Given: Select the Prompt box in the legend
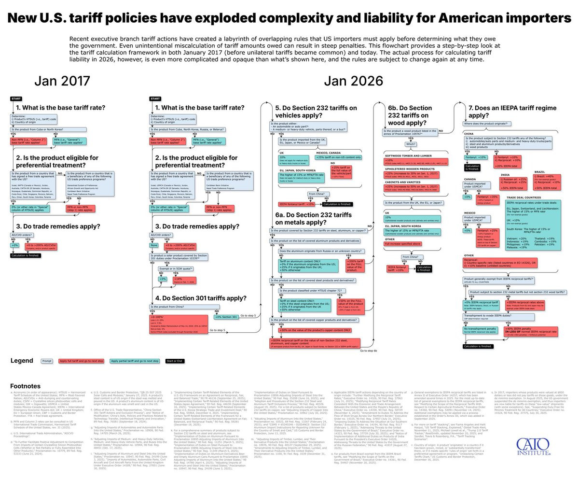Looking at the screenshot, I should pyautogui.click(x=47, y=361).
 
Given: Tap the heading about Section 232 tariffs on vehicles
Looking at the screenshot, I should pyautogui.click(x=317, y=112).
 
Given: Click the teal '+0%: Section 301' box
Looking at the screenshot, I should pyautogui.click(x=227, y=317).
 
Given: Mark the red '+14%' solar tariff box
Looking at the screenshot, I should pyautogui.click(x=179, y=279).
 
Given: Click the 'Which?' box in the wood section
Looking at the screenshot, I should pyautogui.click(x=411, y=143).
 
